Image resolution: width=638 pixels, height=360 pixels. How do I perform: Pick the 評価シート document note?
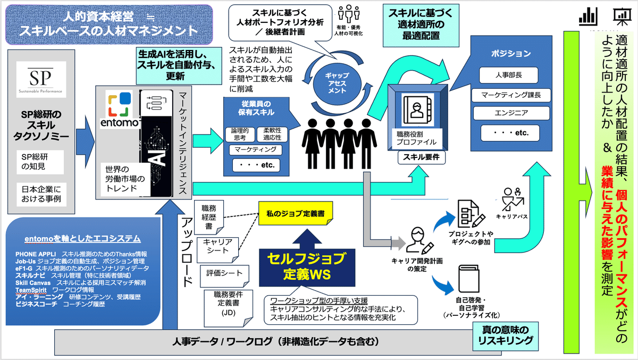pos(224,273)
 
